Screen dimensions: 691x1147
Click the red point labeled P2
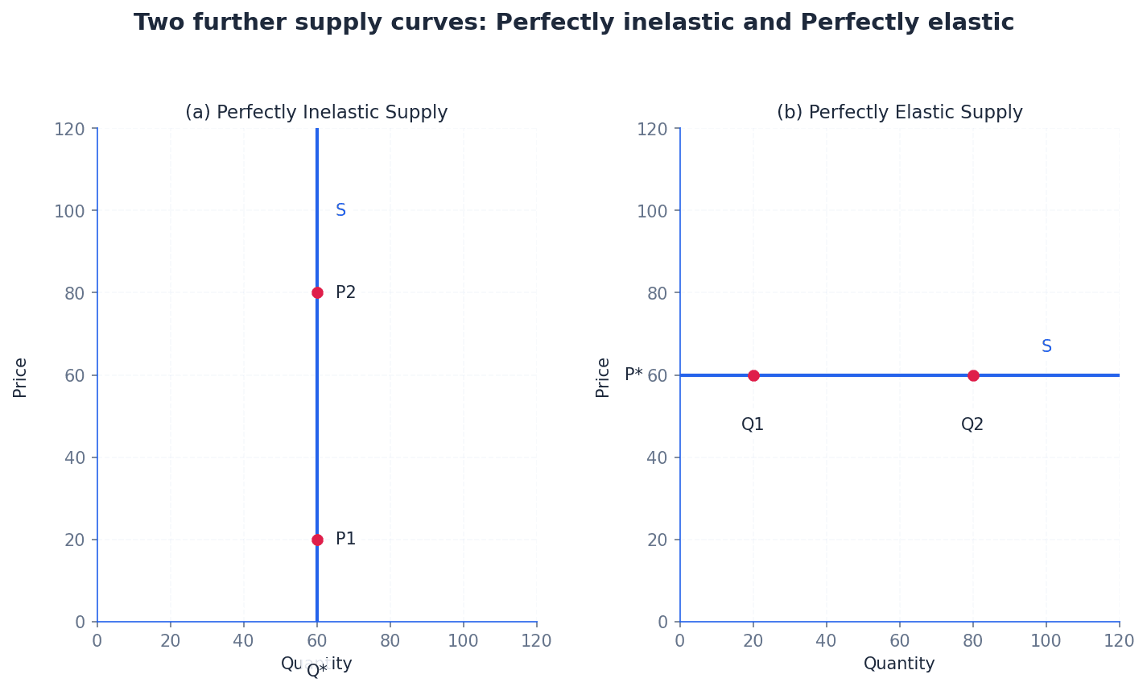coord(317,292)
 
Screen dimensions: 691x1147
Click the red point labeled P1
coord(317,540)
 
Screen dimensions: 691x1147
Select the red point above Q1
coord(753,375)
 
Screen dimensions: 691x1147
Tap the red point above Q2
coord(973,375)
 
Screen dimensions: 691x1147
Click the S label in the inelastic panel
coord(340,210)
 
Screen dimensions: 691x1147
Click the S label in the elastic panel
coord(1046,346)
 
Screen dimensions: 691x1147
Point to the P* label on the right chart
coord(633,374)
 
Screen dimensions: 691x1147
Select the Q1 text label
coord(753,424)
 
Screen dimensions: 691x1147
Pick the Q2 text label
coord(972,424)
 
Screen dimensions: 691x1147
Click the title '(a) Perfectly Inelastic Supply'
coord(316,113)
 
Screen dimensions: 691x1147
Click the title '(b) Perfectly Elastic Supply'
coord(899,113)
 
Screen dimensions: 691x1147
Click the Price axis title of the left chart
coord(20,377)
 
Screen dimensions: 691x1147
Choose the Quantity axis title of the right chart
coord(899,664)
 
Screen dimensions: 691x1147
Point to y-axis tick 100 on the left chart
coord(69,211)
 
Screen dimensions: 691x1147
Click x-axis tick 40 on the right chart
coord(826,641)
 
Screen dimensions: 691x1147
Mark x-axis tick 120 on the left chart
coord(536,641)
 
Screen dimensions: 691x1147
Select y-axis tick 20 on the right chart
coord(658,540)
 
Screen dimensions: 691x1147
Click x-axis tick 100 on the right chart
coord(1046,641)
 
